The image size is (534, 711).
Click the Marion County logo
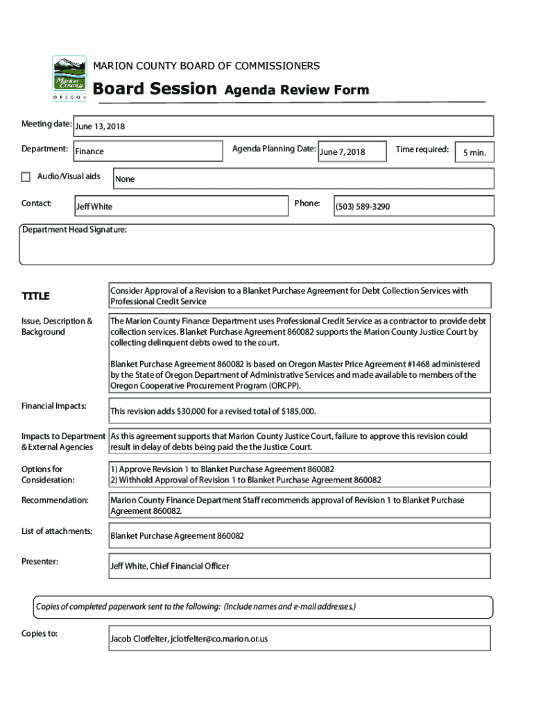click(70, 78)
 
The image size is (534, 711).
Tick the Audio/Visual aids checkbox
click(26, 177)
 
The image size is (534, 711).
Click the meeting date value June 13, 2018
click(100, 126)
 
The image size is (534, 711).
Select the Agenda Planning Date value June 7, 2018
click(342, 152)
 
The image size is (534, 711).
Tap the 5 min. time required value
click(474, 153)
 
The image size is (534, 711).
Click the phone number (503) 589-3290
click(363, 207)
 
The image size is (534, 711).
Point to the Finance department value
click(89, 151)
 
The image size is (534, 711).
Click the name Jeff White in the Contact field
click(94, 207)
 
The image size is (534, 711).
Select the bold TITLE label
click(36, 296)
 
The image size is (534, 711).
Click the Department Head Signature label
click(74, 230)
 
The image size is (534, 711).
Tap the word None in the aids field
click(125, 179)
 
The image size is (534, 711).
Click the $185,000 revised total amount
click(298, 412)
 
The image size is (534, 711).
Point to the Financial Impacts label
click(54, 405)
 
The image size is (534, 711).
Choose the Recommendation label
click(55, 501)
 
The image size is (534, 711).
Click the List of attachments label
click(57, 531)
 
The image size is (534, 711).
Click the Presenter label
click(40, 561)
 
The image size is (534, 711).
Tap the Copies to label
click(40, 634)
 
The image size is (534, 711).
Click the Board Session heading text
click(155, 89)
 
